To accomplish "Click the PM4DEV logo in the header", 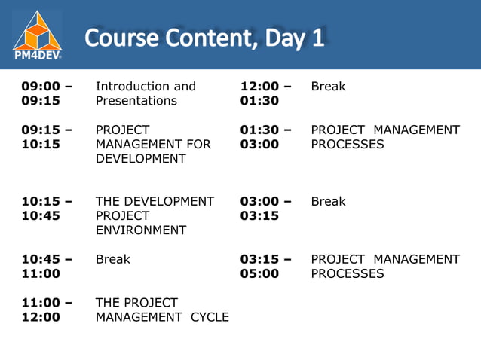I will pyautogui.click(x=38, y=35).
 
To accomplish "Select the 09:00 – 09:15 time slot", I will pyautogui.click(x=47, y=93).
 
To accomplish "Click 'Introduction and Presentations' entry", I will pyautogui.click(x=145, y=93).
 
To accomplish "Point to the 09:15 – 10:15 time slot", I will pyautogui.click(x=47, y=137).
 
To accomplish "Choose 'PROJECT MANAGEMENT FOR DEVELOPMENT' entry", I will pyautogui.click(x=152, y=144).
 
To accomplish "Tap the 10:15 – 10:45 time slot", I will pyautogui.click(x=47, y=209).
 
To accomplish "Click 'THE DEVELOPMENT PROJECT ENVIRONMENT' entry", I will pyautogui.click(x=154, y=215).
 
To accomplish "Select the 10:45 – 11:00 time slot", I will pyautogui.click(x=47, y=267).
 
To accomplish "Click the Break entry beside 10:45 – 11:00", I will pyautogui.click(x=112, y=260).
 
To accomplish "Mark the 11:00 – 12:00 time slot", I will pyautogui.click(x=47, y=310).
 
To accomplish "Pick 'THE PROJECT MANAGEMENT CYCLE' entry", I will pyautogui.click(x=161, y=310).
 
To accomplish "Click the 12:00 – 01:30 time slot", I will pyautogui.click(x=265, y=93).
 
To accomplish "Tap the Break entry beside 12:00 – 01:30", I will pyautogui.click(x=328, y=87).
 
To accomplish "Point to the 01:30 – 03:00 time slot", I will pyautogui.click(x=265, y=137).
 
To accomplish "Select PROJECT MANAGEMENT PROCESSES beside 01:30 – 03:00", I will pyautogui.click(x=384, y=137).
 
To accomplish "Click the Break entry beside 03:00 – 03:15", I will pyautogui.click(x=328, y=202).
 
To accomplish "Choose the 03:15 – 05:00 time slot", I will pyautogui.click(x=265, y=267).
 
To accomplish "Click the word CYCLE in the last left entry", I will pyautogui.click(x=209, y=317).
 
